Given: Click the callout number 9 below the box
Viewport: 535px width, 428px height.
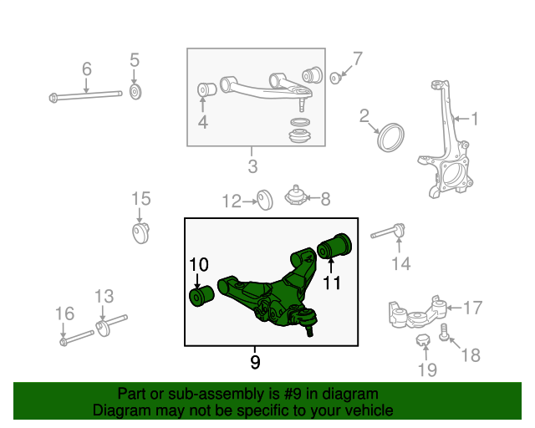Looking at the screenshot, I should pos(255,362).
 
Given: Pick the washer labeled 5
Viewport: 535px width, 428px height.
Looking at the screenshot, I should pos(135,90).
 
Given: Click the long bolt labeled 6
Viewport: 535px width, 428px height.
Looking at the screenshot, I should pos(88,95).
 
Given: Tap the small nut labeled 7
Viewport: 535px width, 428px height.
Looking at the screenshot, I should pos(334,79).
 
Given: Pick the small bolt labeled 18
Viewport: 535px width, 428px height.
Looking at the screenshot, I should pos(446,334).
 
